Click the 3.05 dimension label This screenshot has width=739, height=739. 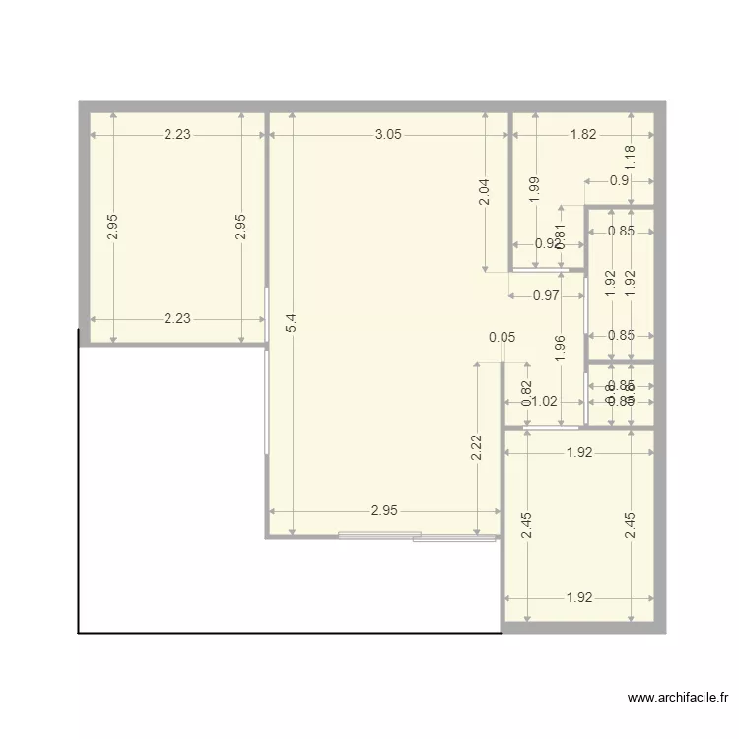coord(388,135)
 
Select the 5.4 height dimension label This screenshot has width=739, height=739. coord(291,322)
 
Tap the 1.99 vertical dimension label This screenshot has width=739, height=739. coord(533,189)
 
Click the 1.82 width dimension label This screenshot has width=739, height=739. coord(583,135)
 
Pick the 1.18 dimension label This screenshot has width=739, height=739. coord(632,158)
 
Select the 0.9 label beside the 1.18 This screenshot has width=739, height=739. coord(619,180)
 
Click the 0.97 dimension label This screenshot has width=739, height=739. coord(547,295)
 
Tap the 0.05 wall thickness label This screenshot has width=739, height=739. coord(502,337)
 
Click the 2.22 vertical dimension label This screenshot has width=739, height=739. coord(476,448)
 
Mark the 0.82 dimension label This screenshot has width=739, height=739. coord(526,393)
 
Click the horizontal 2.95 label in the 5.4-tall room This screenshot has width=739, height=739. coord(384,511)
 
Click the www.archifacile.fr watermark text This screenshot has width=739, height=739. coord(678,699)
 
